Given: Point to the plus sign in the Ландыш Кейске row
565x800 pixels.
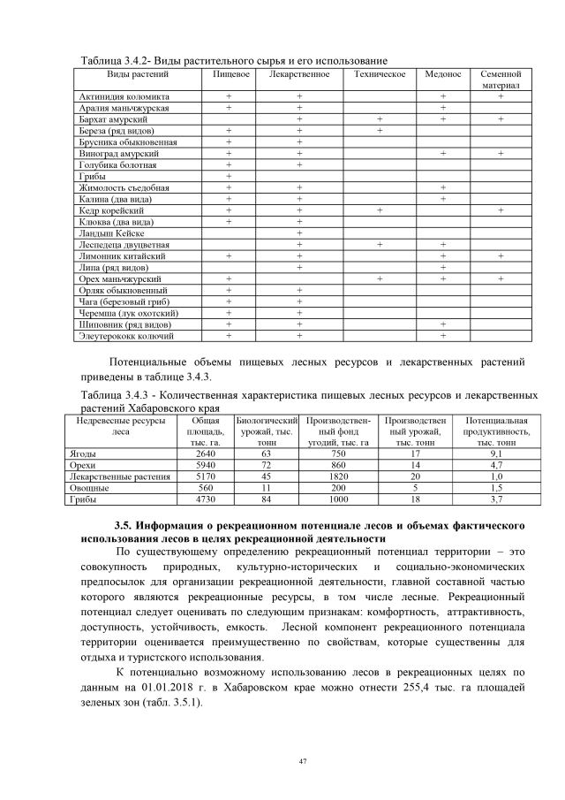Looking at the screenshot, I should (299, 233).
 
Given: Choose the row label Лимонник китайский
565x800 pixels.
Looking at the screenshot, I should (120, 255).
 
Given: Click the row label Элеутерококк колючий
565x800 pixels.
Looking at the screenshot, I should (126, 336).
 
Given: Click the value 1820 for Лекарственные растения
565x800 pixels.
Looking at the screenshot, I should (338, 476).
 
